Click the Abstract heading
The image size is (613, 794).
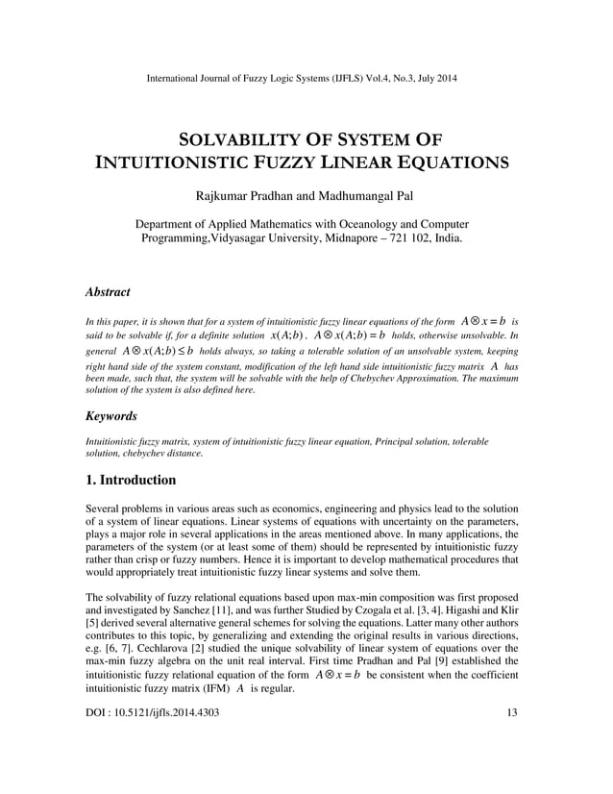pos(108,290)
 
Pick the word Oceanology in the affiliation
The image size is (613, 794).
pos(370,224)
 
